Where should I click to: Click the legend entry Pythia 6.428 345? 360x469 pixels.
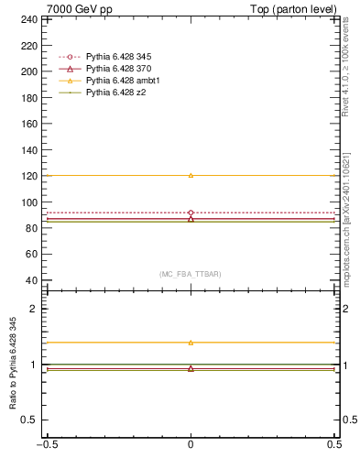[x=116, y=58]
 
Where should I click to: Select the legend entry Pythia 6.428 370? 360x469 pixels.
[x=116, y=70]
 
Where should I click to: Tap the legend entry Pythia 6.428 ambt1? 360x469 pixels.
[x=118, y=81]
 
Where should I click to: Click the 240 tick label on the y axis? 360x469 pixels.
[x=29, y=18]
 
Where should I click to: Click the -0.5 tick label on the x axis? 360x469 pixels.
[x=46, y=444]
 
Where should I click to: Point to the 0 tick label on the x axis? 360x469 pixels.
[x=191, y=444]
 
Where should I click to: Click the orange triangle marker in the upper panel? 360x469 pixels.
[x=191, y=175]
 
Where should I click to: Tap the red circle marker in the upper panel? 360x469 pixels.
[x=191, y=213]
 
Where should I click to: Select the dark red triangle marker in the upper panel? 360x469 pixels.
[x=191, y=219]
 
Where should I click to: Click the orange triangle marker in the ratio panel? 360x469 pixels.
[x=191, y=343]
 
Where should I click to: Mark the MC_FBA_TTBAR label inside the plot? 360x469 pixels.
[x=191, y=274]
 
